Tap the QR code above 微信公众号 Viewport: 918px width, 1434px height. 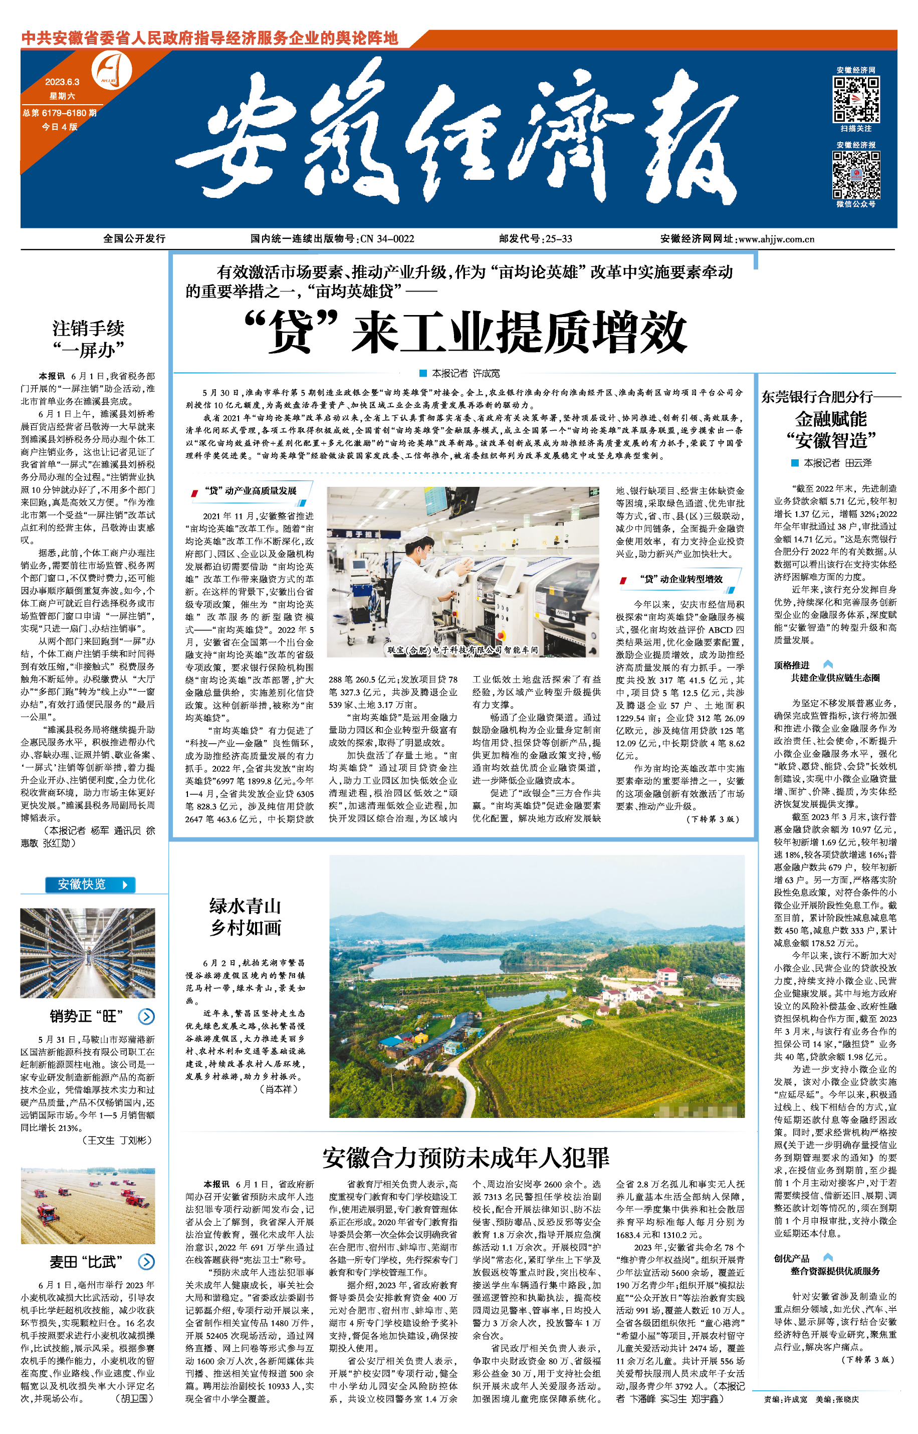click(855, 175)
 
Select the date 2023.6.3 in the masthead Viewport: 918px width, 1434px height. click(62, 82)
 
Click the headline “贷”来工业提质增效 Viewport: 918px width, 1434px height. click(466, 333)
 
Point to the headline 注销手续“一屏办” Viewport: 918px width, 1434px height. click(88, 339)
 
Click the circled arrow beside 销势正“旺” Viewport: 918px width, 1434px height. click(146, 1016)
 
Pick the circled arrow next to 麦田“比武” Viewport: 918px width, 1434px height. click(146, 1261)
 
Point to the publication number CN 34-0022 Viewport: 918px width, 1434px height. click(387, 239)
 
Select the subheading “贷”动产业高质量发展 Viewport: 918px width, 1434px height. click(251, 491)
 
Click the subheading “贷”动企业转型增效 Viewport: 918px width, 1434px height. click(681, 579)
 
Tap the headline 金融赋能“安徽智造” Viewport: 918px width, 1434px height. click(831, 430)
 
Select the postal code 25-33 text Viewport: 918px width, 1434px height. click(559, 239)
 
